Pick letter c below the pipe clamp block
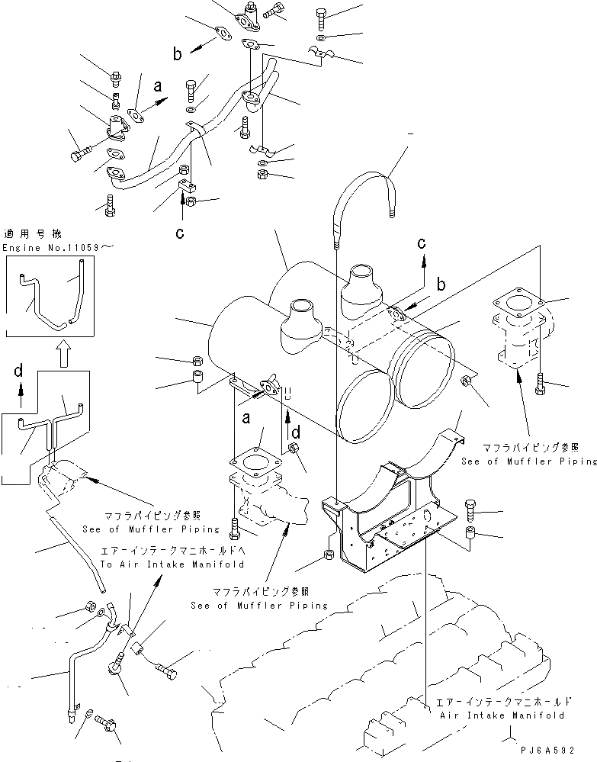[180, 233]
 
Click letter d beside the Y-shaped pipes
[20, 371]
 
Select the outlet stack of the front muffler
[299, 321]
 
